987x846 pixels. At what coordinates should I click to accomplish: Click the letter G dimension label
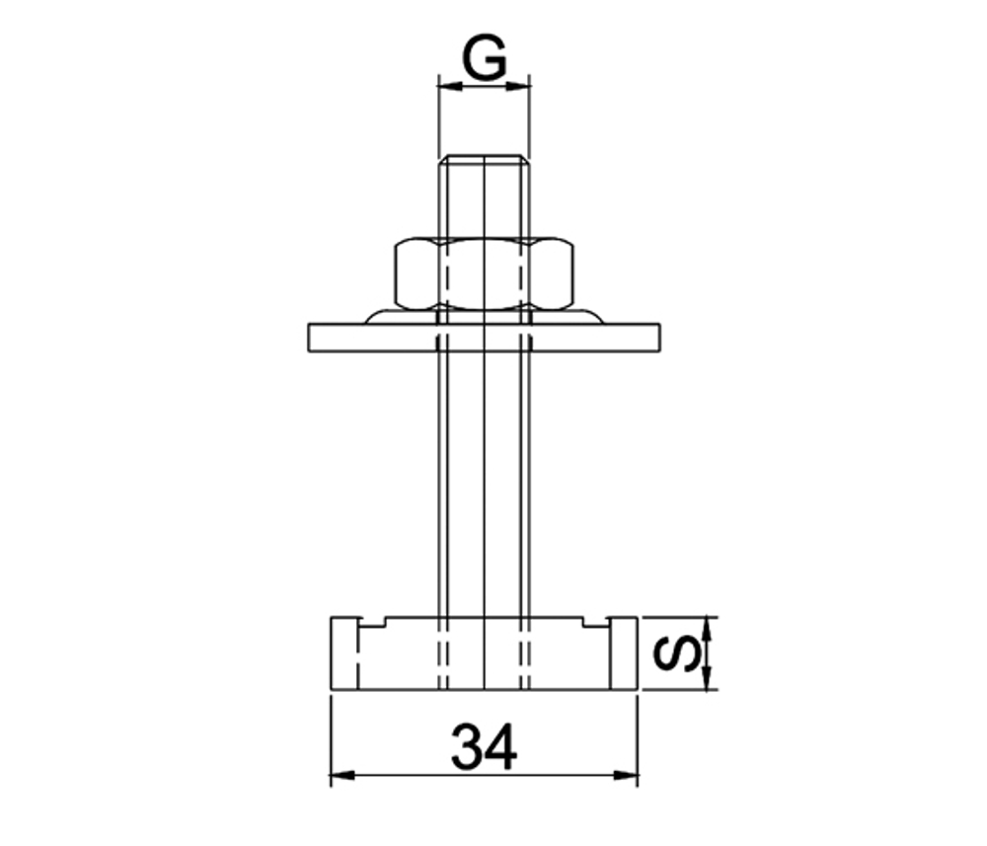485,60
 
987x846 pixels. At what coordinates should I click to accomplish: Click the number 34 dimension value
484,747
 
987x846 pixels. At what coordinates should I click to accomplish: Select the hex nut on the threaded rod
484,272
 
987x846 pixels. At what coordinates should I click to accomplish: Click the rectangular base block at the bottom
484,656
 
